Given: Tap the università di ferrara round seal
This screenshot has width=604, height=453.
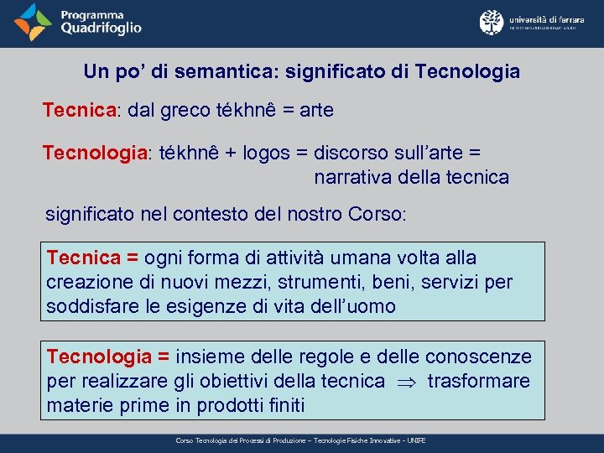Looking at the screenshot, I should pos(491,22).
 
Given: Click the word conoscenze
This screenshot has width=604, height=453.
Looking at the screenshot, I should pos(478,357).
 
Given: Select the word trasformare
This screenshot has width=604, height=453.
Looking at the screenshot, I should pos(478,382).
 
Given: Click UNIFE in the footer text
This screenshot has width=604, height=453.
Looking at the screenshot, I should pos(416,440).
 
